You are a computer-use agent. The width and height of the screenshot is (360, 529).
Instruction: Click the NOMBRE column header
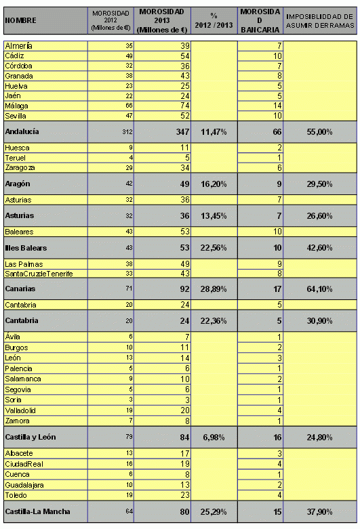pyautogui.click(x=20, y=21)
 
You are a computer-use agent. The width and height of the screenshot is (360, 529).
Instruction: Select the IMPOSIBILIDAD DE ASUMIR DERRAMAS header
pyautogui.click(x=319, y=21)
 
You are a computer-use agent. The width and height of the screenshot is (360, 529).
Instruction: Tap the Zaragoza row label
pyautogui.click(x=21, y=167)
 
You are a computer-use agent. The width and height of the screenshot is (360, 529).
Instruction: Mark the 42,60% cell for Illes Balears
pyautogui.click(x=319, y=247)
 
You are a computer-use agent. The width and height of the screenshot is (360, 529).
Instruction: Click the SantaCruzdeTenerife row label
pyautogui.click(x=39, y=273)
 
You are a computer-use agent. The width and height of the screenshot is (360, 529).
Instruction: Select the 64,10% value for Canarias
pyautogui.click(x=319, y=289)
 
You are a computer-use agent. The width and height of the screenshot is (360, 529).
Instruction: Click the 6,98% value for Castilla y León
pyautogui.click(x=215, y=437)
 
